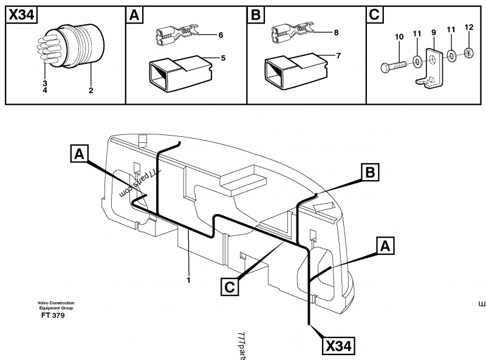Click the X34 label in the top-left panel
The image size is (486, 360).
point(20,16)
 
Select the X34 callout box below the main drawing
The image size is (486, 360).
point(338,346)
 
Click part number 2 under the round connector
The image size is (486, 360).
point(91,91)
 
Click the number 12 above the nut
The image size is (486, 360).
point(468,28)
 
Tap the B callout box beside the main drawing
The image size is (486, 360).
point(369,173)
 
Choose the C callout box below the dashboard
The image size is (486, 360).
point(229,286)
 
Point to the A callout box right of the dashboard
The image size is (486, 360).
point(385,246)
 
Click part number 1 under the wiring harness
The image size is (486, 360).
point(189,280)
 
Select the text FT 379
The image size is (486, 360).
point(53,315)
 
